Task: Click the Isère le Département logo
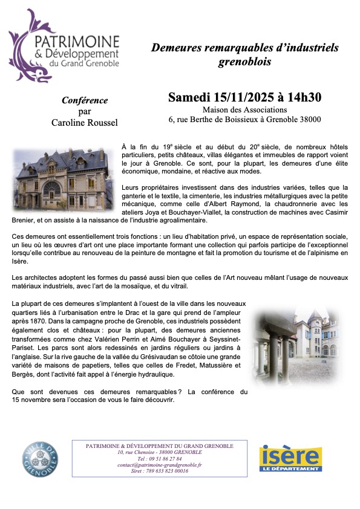[x=290, y=458]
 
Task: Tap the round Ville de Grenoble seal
[x=41, y=458]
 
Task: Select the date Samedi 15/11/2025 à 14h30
[x=244, y=97]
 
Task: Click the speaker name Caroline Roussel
[x=85, y=123]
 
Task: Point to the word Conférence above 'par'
[x=85, y=100]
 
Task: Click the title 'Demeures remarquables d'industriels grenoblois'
[x=244, y=54]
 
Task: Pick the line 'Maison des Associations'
[x=244, y=109]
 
